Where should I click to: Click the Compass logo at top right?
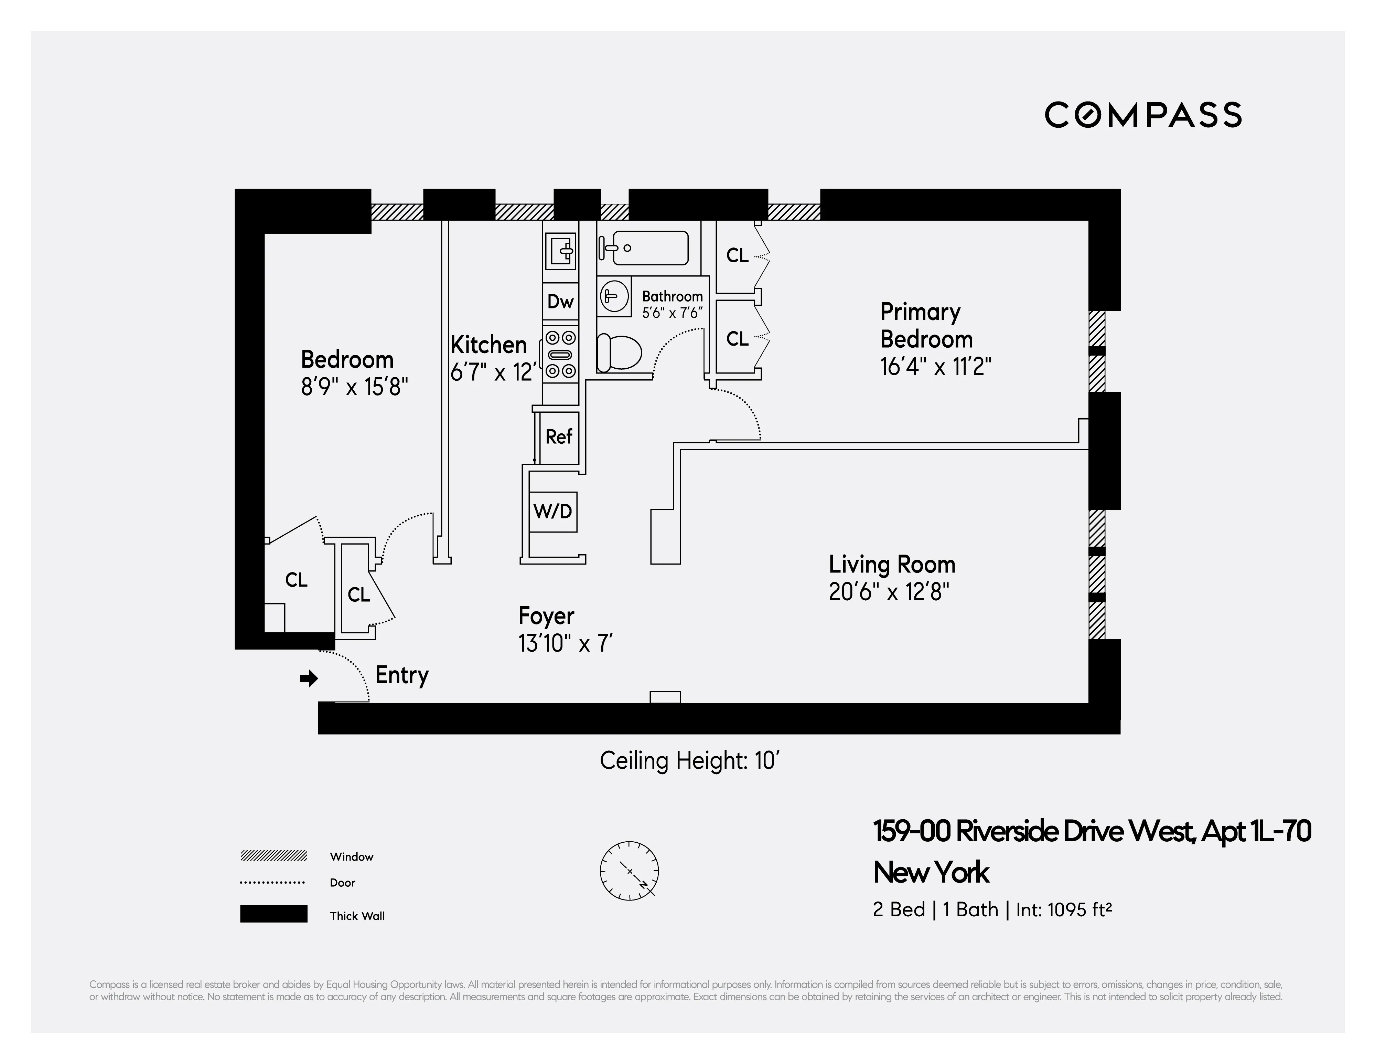coord(1143,115)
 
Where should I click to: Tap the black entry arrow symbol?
coord(309,678)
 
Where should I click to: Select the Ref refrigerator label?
coord(558,436)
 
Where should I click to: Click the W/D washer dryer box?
coord(553,511)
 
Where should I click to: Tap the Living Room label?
coord(891,565)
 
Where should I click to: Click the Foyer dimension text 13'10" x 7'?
coord(565,644)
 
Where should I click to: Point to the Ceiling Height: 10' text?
coord(689,761)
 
